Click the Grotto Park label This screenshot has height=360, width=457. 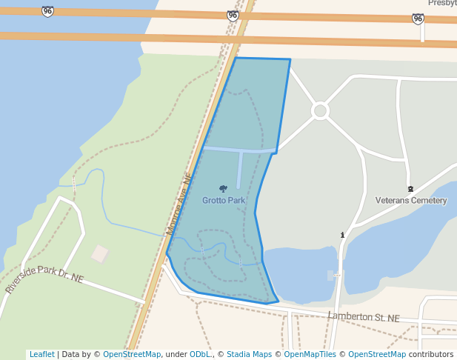click(x=223, y=200)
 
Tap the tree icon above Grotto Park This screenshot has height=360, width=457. click(x=223, y=189)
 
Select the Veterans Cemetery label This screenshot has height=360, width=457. click(x=411, y=200)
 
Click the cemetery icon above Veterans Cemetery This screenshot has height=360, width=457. click(x=410, y=188)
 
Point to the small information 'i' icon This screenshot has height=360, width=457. click(x=342, y=235)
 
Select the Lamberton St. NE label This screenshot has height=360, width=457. click(x=364, y=317)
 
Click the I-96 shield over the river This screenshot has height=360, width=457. click(x=48, y=11)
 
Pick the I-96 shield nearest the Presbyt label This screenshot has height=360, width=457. click(x=418, y=19)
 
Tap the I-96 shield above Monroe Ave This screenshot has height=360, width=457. click(x=233, y=15)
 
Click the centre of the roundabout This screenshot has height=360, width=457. click(x=320, y=111)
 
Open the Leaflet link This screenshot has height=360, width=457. click(x=41, y=354)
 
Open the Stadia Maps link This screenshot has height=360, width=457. click(x=249, y=354)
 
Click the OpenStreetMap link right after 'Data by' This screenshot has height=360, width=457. click(x=131, y=354)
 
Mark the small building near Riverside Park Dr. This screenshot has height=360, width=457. click(x=100, y=254)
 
